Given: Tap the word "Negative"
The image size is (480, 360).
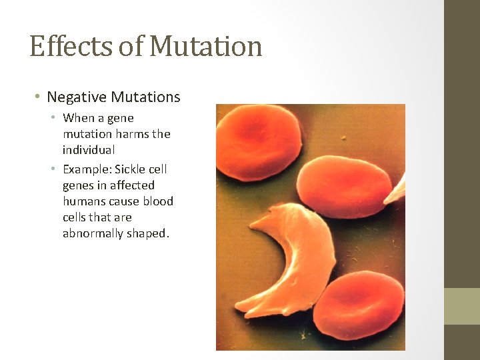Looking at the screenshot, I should [x=77, y=97].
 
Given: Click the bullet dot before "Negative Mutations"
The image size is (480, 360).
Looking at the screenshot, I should [x=38, y=97].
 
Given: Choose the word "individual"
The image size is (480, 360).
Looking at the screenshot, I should [x=89, y=150].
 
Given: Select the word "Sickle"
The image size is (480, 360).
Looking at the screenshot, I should [x=131, y=169].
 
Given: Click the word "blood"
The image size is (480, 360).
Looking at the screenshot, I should [x=158, y=201].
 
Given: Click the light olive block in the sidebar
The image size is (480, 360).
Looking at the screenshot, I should [x=462, y=306].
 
